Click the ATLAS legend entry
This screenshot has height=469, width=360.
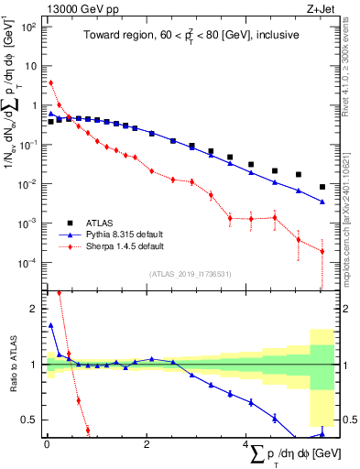click(x=103, y=223)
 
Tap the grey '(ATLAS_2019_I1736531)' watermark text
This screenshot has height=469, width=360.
click(x=189, y=274)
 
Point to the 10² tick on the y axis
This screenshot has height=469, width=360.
click(x=27, y=27)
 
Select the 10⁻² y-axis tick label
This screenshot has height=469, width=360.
click(x=27, y=184)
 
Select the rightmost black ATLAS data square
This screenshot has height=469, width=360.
click(x=322, y=187)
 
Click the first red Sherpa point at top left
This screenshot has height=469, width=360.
click(x=50, y=83)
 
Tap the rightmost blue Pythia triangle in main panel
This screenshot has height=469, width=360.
click(x=322, y=202)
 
